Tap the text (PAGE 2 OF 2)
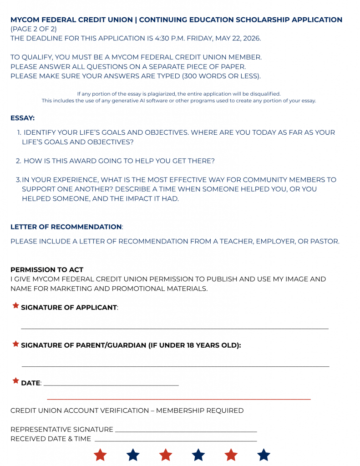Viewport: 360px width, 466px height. tap(34, 29)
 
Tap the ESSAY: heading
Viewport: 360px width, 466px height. tap(22, 118)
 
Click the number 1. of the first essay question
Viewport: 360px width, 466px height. tap(19, 132)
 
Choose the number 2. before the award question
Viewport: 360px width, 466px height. tap(19, 161)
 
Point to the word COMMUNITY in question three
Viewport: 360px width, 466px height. tap(260, 180)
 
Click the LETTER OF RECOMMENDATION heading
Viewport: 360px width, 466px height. tap(66, 227)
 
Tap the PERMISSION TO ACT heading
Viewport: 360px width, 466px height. tap(47, 269)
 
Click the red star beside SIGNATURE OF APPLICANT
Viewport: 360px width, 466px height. tap(16, 306)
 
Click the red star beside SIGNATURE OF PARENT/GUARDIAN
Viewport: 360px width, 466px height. tap(16, 344)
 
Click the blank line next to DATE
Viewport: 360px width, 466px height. tap(112, 385)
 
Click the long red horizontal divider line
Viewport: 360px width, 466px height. tap(179, 400)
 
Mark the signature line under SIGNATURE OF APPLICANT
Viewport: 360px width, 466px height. tap(175, 328)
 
